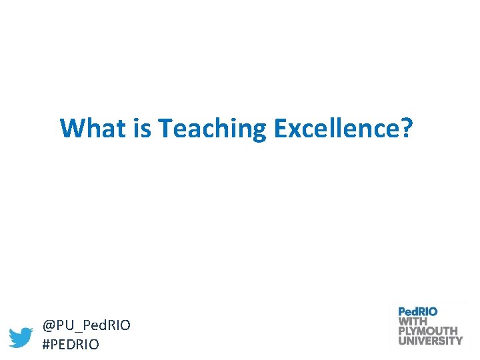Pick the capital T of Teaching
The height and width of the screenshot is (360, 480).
[x=165, y=128]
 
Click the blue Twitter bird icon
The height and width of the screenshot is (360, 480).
[x=21, y=337]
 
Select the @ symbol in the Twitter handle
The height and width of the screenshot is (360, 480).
[x=49, y=326]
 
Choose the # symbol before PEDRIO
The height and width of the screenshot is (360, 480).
[x=47, y=345]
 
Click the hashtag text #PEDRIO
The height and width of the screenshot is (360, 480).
[x=71, y=345]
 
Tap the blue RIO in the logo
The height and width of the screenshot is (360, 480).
[x=428, y=311]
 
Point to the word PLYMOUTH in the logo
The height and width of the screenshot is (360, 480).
[x=428, y=330]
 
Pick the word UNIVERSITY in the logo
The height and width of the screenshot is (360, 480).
[x=430, y=340]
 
